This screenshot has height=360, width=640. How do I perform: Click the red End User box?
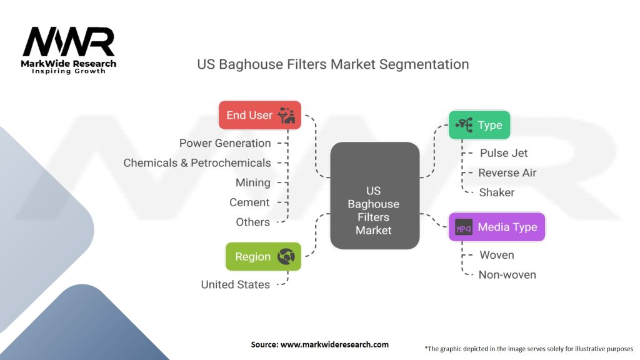click(260, 115)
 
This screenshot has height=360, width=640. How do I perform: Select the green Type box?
click(479, 125)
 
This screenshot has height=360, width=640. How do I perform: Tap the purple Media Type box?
click(497, 227)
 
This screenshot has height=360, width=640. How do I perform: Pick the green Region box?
click(263, 256)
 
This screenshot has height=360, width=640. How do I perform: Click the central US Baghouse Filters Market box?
click(375, 196)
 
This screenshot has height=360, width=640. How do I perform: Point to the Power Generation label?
click(225, 143)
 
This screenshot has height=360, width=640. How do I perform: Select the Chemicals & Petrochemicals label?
click(197, 163)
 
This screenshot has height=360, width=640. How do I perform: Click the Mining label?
click(252, 182)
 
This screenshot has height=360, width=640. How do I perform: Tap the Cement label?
click(249, 202)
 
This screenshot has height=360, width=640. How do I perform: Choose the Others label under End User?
click(252, 222)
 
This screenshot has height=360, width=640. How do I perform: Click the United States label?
click(236, 284)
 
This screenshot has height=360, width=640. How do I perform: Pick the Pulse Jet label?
click(504, 153)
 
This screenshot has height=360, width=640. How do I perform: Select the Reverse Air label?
click(507, 172)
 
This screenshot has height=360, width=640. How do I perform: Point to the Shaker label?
click(497, 192)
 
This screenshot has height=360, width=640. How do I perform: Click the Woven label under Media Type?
click(497, 255)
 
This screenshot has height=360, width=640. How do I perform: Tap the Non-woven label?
click(507, 275)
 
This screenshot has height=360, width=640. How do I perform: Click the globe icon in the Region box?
click(286, 256)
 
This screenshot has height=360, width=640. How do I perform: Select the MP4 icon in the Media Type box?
click(464, 227)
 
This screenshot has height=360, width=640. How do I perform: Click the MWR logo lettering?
click(69, 42)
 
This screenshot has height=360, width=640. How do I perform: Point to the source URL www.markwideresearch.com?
click(334, 344)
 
